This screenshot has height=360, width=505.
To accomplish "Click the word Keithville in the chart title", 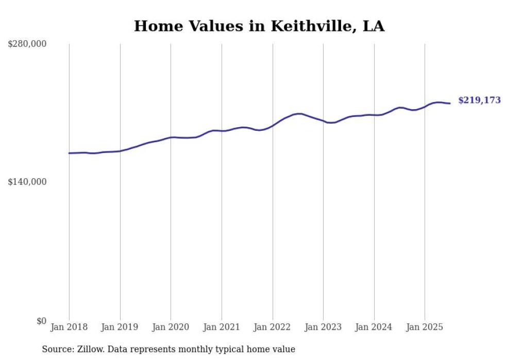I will pyautogui.click(x=300, y=26).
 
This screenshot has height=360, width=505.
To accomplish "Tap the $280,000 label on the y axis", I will pyautogui.click(x=27, y=44).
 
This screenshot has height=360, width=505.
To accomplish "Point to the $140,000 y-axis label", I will pyautogui.click(x=27, y=182).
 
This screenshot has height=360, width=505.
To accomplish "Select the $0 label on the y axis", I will pyautogui.click(x=41, y=321).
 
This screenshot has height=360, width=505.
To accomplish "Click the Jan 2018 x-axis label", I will pyautogui.click(x=69, y=327).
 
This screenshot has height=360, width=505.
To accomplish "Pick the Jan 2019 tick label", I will pyautogui.click(x=120, y=327).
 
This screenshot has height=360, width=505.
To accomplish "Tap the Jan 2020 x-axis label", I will pyautogui.click(x=171, y=327).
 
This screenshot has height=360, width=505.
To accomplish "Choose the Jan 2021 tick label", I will pyautogui.click(x=222, y=327).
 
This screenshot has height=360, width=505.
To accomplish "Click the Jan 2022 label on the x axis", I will pyautogui.click(x=273, y=327).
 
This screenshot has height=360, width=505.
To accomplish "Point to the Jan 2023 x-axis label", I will pyautogui.click(x=323, y=327).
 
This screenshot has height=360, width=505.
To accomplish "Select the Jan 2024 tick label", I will pyautogui.click(x=374, y=327).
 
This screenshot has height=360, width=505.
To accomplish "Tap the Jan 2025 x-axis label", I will pyautogui.click(x=425, y=327).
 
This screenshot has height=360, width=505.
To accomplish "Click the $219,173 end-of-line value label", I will pyautogui.click(x=479, y=100).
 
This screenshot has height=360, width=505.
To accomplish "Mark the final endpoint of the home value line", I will pyautogui.click(x=450, y=104).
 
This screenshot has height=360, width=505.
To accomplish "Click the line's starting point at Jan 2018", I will pyautogui.click(x=69, y=153).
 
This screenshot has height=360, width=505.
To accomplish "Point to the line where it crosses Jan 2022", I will pyautogui.click(x=273, y=125).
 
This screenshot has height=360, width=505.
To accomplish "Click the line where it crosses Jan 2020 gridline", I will pyautogui.click(x=171, y=138).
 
